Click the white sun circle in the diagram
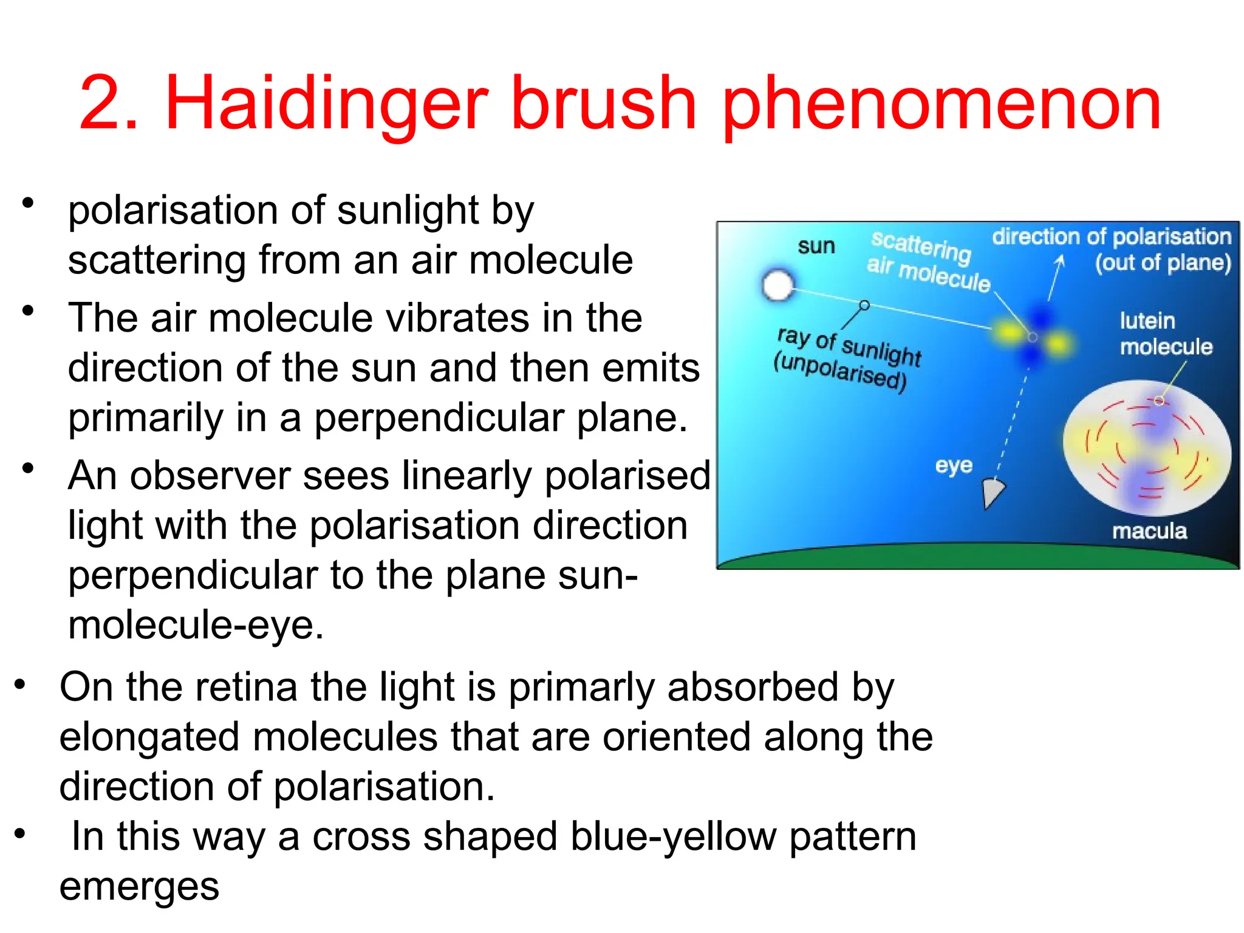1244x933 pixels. (x=777, y=285)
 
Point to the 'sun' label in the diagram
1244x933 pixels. (x=816, y=247)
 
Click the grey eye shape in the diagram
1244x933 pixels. (x=993, y=491)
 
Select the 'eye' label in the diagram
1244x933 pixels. (x=954, y=465)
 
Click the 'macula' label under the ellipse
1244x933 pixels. (x=1149, y=531)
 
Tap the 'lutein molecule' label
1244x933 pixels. (x=1165, y=333)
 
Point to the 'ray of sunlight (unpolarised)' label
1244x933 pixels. (x=847, y=359)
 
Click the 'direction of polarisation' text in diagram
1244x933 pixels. (x=1111, y=236)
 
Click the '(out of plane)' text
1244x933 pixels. (x=1163, y=262)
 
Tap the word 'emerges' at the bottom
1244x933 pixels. (x=139, y=887)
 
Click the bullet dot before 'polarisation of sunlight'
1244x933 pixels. (x=27, y=202)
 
